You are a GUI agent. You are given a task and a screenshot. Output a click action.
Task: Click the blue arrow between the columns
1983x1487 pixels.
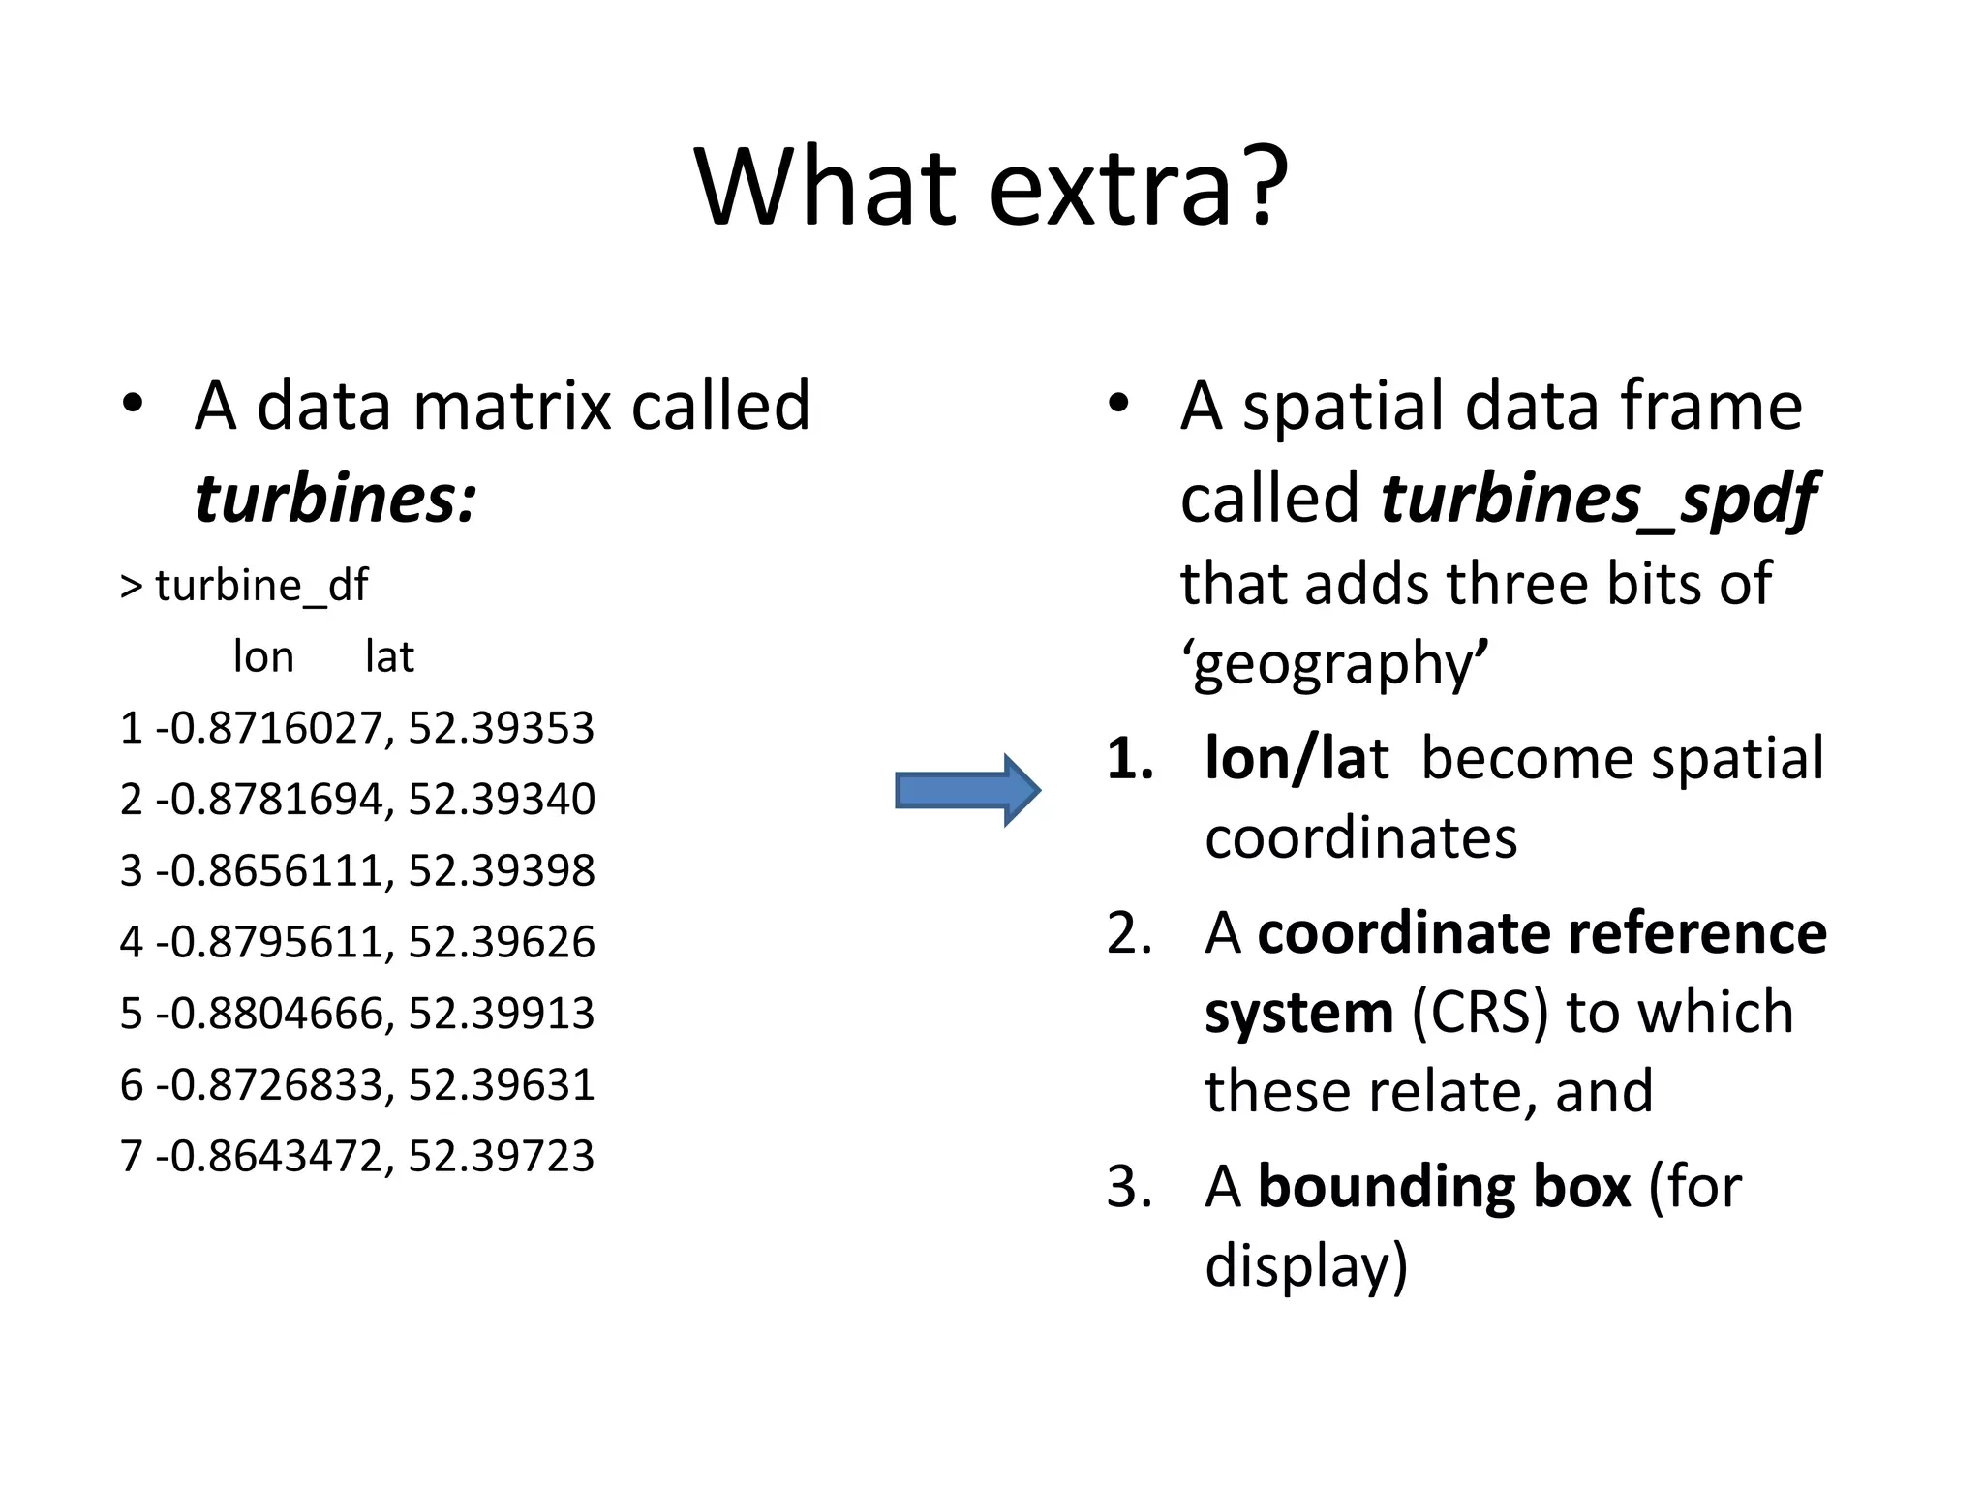[966, 790]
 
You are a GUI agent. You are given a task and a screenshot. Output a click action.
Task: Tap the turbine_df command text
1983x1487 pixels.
[261, 585]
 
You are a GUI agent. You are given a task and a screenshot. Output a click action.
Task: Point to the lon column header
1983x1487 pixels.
[263, 656]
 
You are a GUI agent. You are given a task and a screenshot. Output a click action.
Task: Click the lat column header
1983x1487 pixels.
[389, 656]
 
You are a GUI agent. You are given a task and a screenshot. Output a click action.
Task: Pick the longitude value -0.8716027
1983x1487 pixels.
[275, 728]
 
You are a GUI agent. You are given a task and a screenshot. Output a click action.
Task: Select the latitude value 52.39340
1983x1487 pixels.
[501, 800]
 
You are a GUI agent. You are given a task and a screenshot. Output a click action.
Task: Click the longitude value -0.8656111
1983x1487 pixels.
[275, 870]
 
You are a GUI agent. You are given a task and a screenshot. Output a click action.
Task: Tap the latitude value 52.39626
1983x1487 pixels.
[501, 942]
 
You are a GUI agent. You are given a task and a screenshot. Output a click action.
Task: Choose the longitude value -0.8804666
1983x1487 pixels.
[275, 1014]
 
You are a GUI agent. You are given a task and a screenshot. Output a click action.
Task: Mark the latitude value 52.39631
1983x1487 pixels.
[501, 1084]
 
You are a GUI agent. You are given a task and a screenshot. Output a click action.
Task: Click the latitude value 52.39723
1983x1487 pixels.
[501, 1156]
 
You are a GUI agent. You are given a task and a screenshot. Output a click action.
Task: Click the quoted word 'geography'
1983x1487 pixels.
[1334, 664]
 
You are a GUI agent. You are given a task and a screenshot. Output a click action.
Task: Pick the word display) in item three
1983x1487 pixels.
[1306, 1265]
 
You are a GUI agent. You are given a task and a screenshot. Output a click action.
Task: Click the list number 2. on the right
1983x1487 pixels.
[1130, 934]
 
